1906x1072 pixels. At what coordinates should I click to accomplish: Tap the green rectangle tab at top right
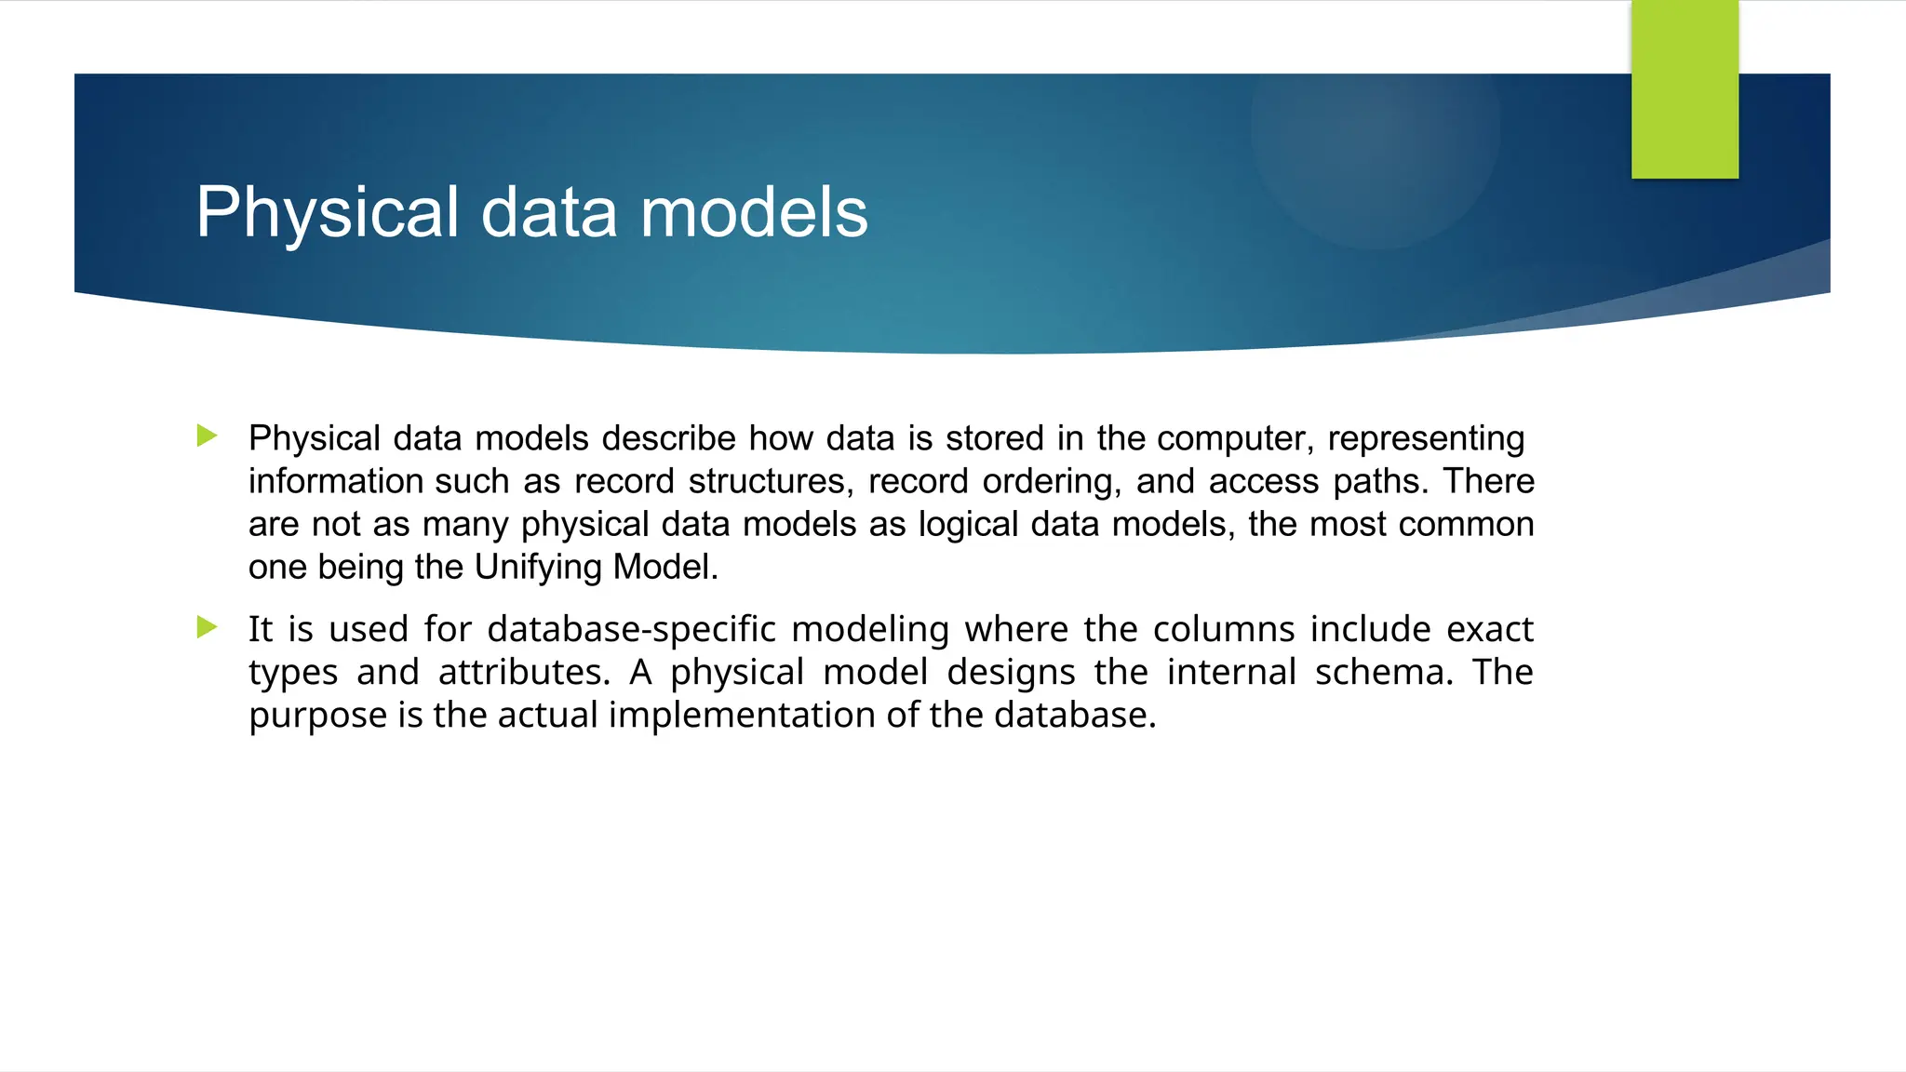[1685, 89]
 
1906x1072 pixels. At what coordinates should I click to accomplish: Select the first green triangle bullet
[208, 435]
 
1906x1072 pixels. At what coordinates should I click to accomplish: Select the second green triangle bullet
[208, 627]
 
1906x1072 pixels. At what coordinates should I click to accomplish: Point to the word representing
[1426, 438]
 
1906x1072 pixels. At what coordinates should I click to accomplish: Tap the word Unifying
[539, 567]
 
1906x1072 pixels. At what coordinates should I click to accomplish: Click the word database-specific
[631, 630]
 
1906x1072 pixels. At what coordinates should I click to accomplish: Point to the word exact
[1489, 630]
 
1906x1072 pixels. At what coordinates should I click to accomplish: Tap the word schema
[1383, 673]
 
